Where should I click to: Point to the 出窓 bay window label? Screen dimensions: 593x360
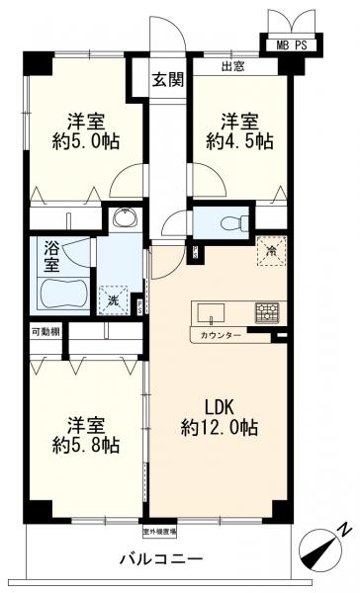(x=232, y=68)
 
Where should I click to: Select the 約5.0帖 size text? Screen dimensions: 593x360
(x=86, y=141)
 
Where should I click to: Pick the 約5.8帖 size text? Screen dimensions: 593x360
(x=86, y=446)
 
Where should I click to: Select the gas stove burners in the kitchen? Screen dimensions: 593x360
(x=267, y=312)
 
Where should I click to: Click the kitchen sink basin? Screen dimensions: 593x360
(x=212, y=313)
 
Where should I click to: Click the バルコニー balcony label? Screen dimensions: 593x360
(x=162, y=558)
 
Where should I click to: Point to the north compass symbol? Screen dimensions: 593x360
(x=329, y=543)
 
